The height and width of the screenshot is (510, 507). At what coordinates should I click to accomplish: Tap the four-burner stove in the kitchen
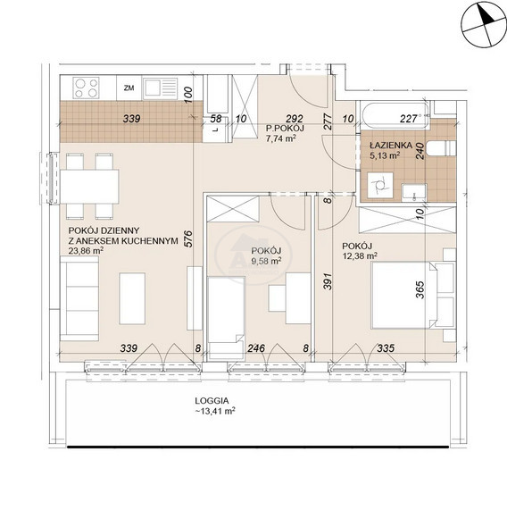tap(86, 88)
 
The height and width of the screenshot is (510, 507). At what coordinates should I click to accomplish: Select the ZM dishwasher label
tap(129, 88)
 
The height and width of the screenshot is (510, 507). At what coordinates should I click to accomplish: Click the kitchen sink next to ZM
tap(160, 88)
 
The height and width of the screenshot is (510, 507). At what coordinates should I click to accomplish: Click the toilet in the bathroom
tap(441, 148)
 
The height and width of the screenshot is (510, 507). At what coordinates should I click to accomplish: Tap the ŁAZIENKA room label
tap(391, 145)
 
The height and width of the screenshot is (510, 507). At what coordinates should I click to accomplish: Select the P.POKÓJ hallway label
tap(285, 128)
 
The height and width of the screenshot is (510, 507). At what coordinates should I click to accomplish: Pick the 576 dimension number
tap(188, 239)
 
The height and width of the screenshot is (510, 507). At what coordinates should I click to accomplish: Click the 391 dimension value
tap(328, 281)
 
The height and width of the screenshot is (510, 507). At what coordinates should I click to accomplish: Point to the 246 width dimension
tap(256, 348)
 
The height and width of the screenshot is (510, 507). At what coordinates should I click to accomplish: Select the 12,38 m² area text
tap(360, 256)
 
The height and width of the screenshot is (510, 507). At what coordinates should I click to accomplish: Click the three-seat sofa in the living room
tap(79, 298)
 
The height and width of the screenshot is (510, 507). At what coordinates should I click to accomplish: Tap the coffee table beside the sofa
tap(132, 298)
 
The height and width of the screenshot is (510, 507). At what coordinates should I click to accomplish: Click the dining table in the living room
tap(89, 187)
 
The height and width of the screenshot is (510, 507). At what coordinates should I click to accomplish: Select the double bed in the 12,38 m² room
tap(413, 296)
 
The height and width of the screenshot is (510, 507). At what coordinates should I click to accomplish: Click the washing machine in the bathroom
tap(380, 185)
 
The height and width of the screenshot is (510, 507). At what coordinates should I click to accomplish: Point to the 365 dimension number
tap(420, 289)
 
